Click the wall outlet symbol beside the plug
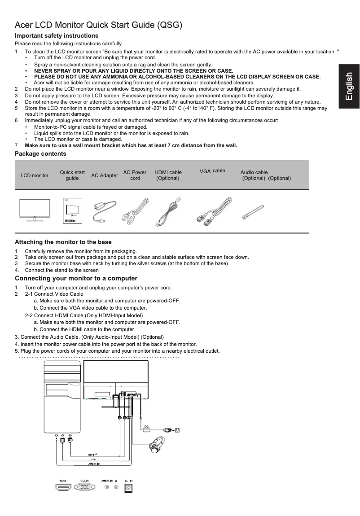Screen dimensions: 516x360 (177, 430)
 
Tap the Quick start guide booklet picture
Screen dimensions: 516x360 (72, 210)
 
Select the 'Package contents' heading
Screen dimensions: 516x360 (40, 154)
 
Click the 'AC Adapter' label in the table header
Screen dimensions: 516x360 (104, 175)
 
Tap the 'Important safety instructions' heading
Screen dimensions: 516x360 (57, 35)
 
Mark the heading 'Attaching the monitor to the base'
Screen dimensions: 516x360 (63, 242)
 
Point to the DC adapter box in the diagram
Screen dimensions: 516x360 (147, 429)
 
